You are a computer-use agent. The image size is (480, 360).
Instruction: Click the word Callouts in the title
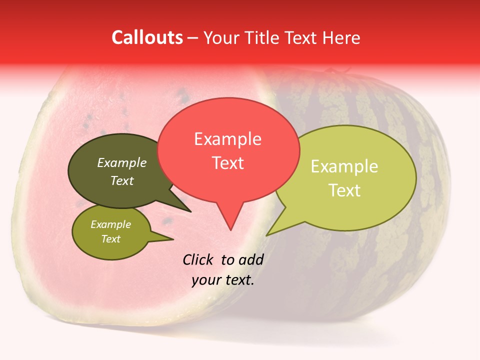(x=147, y=38)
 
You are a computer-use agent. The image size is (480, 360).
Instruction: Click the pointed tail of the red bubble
(x=230, y=222)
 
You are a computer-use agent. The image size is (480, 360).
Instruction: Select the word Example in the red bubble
(x=227, y=139)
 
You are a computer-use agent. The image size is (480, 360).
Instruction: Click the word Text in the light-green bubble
(x=344, y=190)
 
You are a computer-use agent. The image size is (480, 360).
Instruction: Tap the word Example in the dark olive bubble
(x=122, y=163)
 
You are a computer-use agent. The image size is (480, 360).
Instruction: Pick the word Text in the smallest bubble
(x=111, y=239)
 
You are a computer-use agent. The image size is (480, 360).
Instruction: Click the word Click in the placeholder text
(x=198, y=259)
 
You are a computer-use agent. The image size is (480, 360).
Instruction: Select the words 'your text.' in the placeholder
(x=223, y=280)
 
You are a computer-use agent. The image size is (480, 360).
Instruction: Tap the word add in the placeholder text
(x=251, y=259)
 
